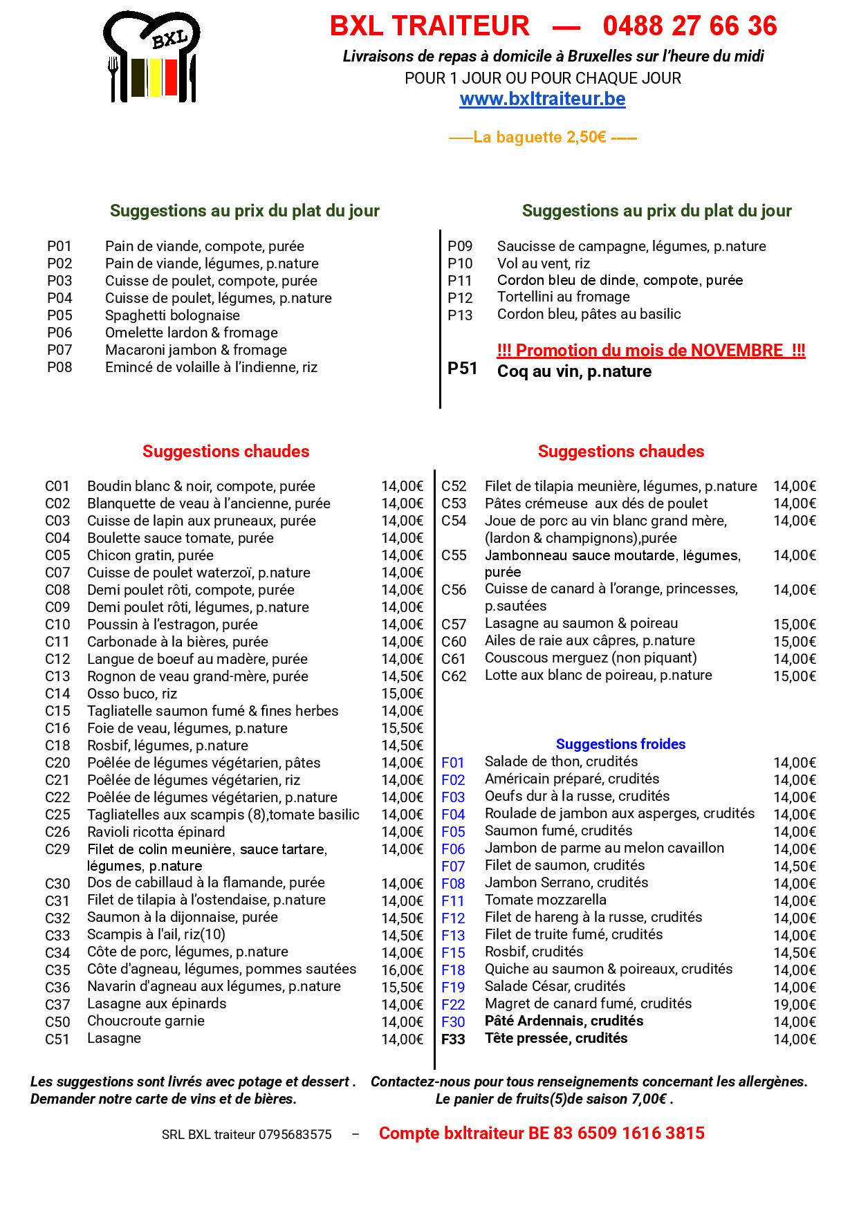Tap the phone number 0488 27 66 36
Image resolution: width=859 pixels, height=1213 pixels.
(x=690, y=26)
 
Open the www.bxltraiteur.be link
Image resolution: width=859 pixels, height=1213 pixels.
(x=542, y=99)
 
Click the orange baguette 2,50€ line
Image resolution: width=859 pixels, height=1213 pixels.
(x=543, y=137)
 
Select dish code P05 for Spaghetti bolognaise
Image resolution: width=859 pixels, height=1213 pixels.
(x=59, y=315)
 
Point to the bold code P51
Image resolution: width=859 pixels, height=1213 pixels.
(x=463, y=369)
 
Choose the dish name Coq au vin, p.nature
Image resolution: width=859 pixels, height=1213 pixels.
(x=574, y=372)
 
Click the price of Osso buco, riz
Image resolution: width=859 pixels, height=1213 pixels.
(x=402, y=694)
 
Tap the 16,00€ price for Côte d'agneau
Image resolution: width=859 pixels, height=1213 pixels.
(x=402, y=970)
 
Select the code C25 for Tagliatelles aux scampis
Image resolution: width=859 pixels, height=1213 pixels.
(x=58, y=815)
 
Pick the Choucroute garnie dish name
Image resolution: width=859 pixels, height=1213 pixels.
(x=146, y=1021)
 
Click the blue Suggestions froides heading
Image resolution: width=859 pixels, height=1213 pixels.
(x=620, y=744)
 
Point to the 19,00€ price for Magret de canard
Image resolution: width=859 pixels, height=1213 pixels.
(x=794, y=1005)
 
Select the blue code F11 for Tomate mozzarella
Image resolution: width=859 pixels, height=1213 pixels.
(x=453, y=901)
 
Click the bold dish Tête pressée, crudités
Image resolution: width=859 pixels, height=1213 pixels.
(x=556, y=1038)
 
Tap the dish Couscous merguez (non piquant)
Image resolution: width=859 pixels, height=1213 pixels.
(x=591, y=658)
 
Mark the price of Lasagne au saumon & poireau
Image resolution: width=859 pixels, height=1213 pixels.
(x=794, y=624)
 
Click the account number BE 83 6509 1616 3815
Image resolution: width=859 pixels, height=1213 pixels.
(x=616, y=1133)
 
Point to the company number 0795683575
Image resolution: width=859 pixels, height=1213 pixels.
(x=295, y=1135)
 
